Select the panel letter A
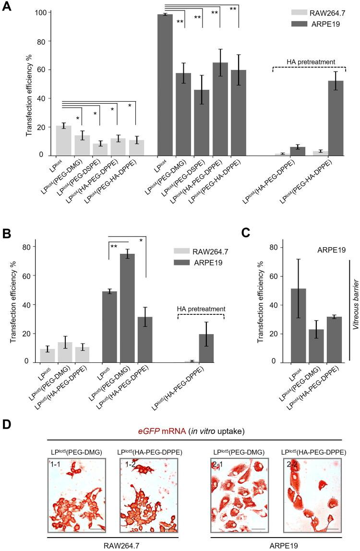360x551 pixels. pyautogui.click(x=7, y=9)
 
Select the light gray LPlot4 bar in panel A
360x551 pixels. pyautogui.click(x=64, y=140)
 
